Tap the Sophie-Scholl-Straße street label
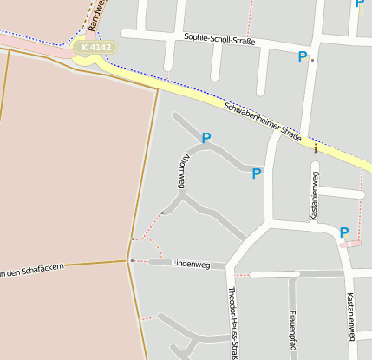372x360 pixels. pos(220,39)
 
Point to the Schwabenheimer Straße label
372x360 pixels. pos(263,122)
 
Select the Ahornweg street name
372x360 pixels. pos(182,172)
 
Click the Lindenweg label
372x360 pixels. pos(193,262)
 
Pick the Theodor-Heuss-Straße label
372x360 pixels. pos(232,323)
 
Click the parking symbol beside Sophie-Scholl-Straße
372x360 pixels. pos(303,57)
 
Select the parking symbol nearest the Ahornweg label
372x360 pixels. pos(206,138)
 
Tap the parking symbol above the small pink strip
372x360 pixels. pos(344,232)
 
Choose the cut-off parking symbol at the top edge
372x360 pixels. pos(360,4)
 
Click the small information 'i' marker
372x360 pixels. pos(316,148)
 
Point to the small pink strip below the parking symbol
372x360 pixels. pos(349,244)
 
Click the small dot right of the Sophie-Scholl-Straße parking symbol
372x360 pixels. pos(312,60)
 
